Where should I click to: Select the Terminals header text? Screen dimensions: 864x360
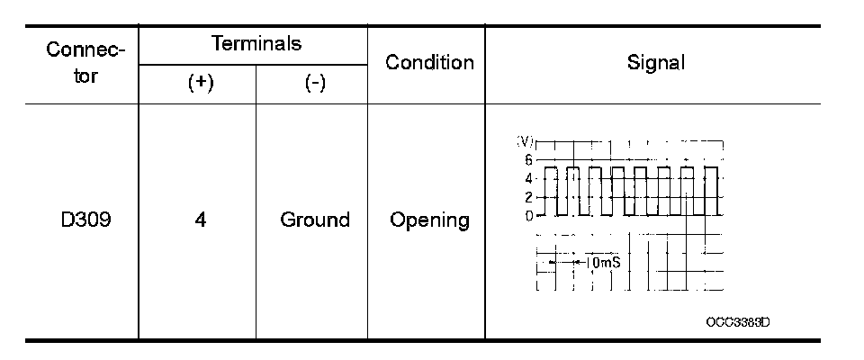click(256, 43)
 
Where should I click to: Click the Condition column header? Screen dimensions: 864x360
click(429, 62)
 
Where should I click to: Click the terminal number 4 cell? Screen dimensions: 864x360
click(200, 220)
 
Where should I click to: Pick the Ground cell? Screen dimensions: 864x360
click(315, 220)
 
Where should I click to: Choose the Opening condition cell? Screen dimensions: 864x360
click(429, 220)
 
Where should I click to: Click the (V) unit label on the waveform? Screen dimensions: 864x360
click(526, 142)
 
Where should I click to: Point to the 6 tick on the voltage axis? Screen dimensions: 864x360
click(529, 159)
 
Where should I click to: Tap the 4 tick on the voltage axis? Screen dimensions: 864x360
click(529, 178)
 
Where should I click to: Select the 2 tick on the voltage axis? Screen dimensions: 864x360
click(529, 197)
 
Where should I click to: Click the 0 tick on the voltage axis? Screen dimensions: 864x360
click(529, 216)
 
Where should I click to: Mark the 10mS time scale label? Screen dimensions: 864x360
click(603, 263)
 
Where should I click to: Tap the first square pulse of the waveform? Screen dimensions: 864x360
click(552, 191)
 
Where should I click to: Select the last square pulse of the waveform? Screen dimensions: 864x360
click(711, 191)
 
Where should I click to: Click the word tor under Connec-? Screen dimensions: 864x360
click(85, 76)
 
